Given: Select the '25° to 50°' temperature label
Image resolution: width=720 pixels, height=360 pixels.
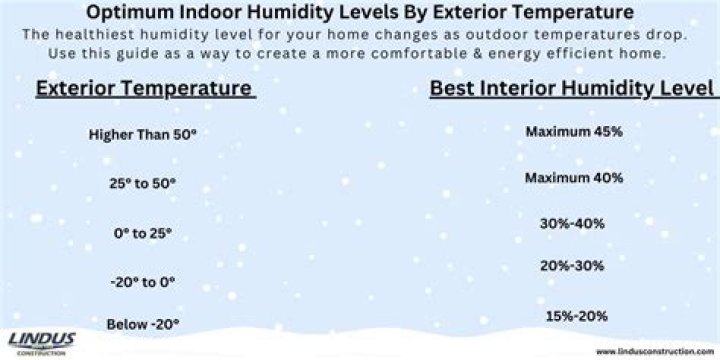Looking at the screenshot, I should [x=142, y=183].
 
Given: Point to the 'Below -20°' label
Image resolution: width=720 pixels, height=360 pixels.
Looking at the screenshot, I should [x=142, y=323].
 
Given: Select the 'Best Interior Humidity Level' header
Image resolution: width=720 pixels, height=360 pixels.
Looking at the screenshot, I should [x=571, y=89].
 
